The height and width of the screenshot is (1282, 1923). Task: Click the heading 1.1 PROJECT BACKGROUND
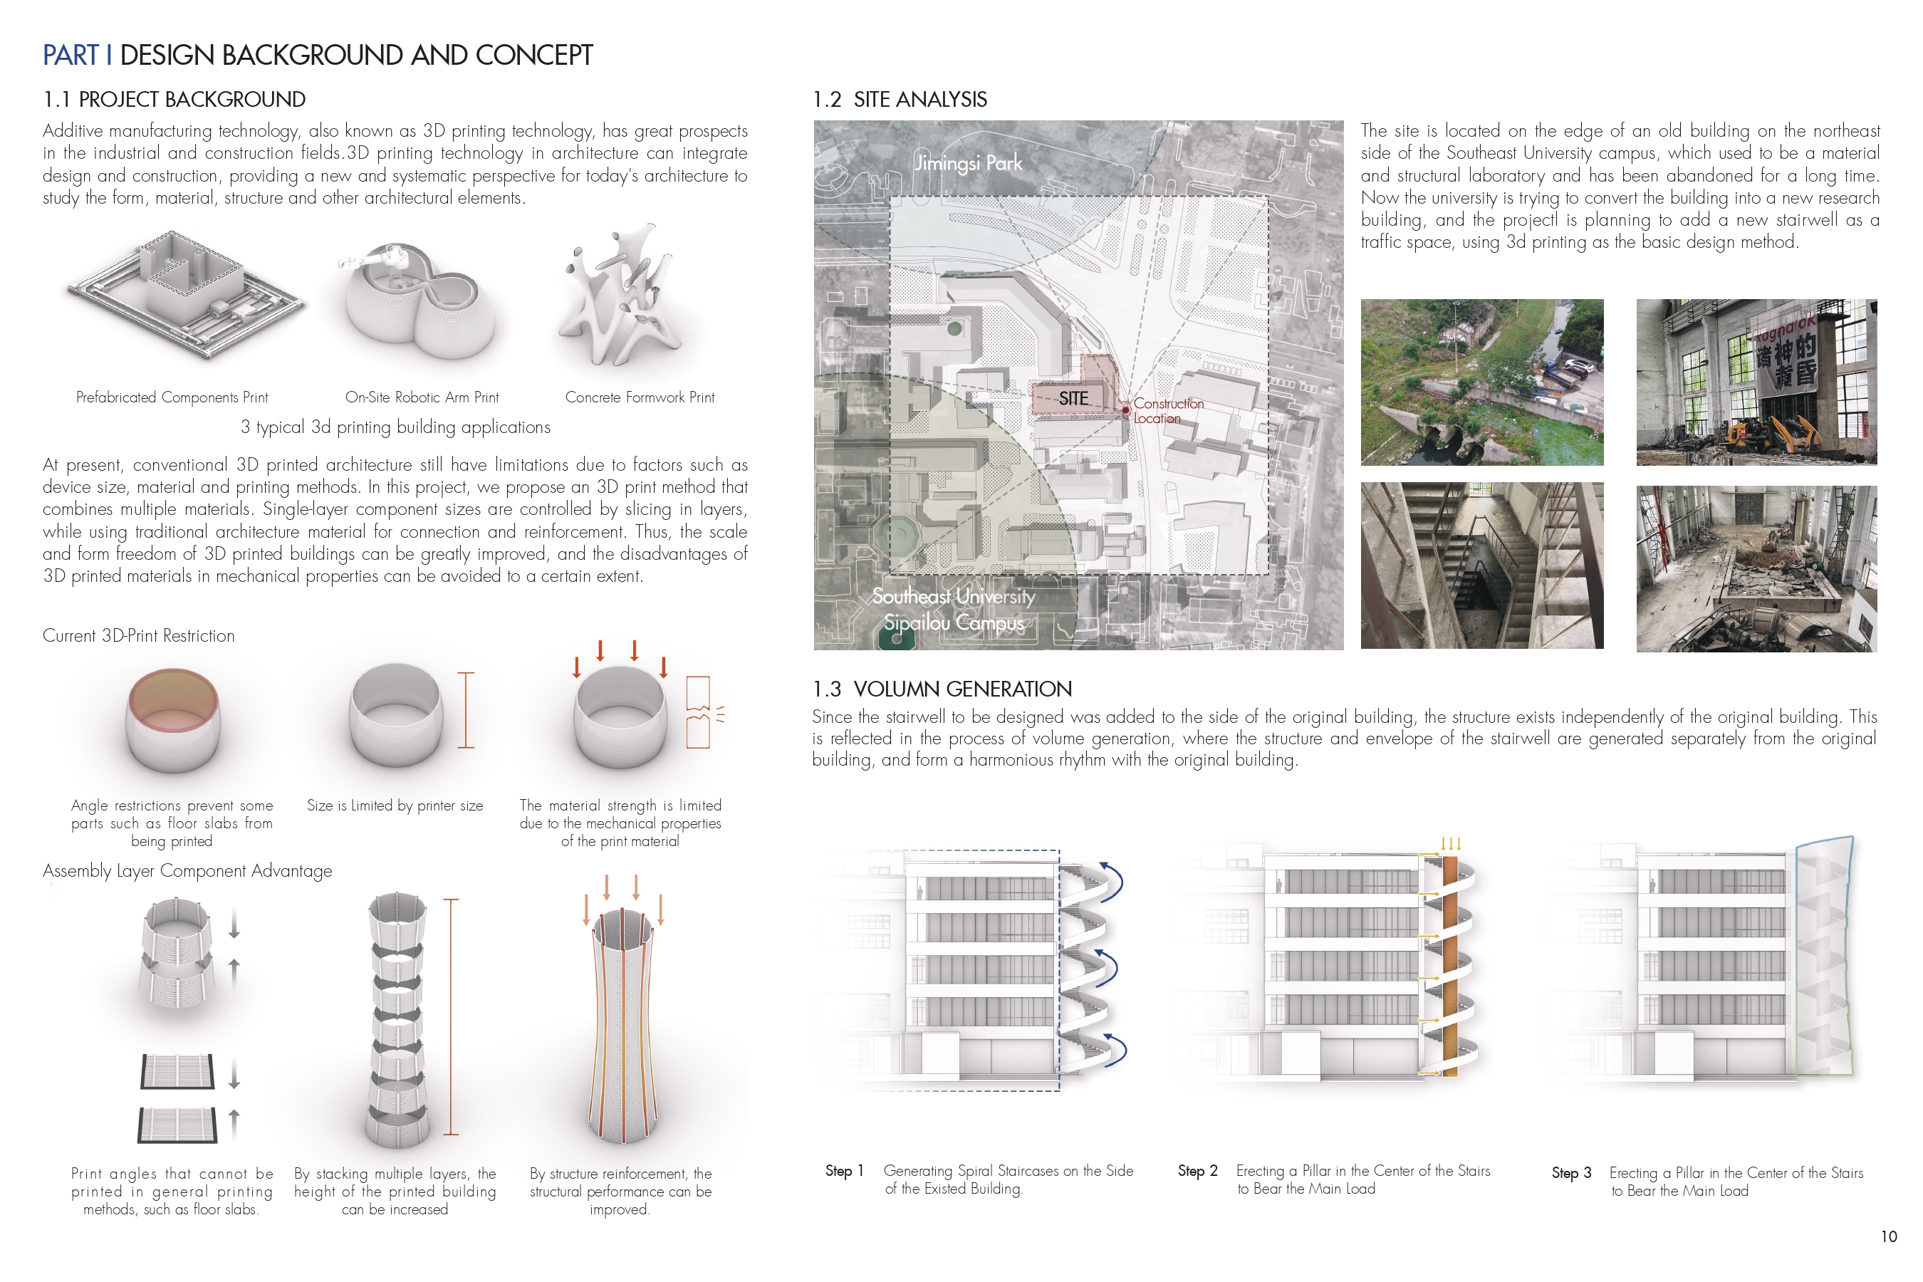tap(174, 100)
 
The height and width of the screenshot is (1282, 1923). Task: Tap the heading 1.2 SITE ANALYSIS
tap(900, 100)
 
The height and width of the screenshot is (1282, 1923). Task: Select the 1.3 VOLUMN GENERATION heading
tap(941, 689)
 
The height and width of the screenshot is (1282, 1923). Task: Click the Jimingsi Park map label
tap(968, 162)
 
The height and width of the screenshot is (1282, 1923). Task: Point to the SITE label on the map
tap(1073, 398)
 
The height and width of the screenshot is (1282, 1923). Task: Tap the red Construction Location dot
tap(1126, 409)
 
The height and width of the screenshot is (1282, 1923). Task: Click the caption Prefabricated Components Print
tap(172, 397)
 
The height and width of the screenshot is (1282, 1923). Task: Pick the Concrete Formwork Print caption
tap(640, 397)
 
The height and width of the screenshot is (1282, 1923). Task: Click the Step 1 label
tap(844, 1171)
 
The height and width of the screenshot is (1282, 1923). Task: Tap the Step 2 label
tap(1197, 1171)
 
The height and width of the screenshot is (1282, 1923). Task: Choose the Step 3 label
tap(1570, 1173)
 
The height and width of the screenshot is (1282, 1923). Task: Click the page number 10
tap(1888, 1237)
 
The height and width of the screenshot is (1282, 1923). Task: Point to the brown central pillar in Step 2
tap(1449, 965)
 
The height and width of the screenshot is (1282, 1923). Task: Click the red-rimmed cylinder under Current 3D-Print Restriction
tap(172, 719)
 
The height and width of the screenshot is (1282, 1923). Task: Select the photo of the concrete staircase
tap(1481, 566)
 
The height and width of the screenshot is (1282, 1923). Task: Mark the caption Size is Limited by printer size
tap(395, 806)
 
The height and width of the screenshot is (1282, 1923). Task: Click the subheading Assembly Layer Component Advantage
tap(187, 871)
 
